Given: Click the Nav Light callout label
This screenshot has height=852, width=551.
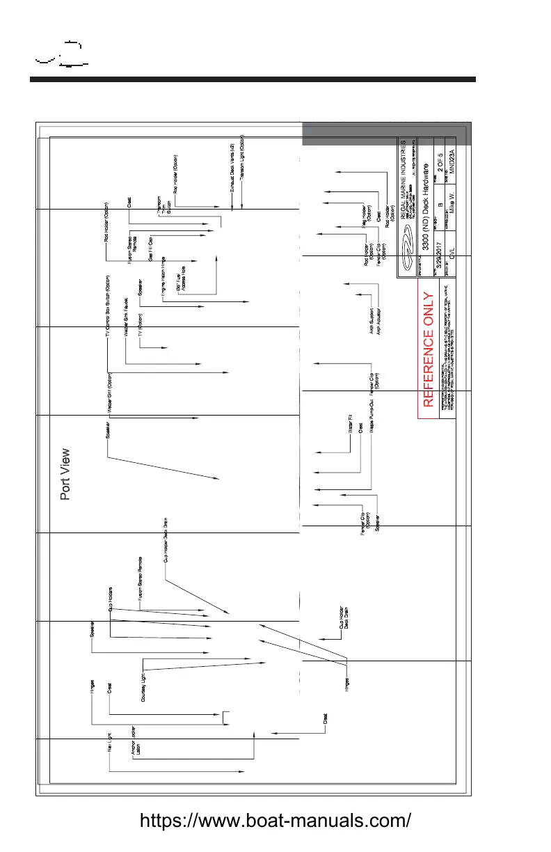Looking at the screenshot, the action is click(x=110, y=753).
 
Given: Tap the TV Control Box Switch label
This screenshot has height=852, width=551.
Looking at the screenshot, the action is click(x=107, y=310).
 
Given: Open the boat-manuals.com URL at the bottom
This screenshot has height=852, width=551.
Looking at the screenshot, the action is click(x=275, y=821).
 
